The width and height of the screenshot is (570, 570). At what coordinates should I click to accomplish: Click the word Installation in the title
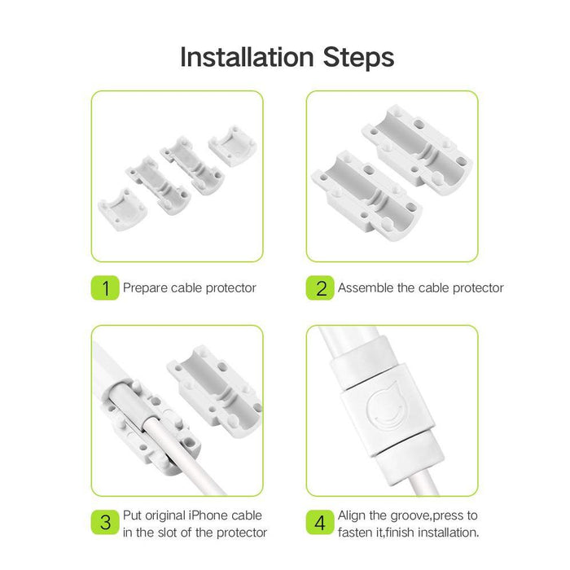pyautogui.click(x=248, y=57)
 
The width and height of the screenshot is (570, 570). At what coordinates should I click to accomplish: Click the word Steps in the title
pyautogui.click(x=358, y=58)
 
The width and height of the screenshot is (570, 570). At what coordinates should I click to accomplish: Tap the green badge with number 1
pyautogui.click(x=105, y=288)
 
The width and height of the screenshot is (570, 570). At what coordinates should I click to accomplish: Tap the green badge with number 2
pyautogui.click(x=320, y=288)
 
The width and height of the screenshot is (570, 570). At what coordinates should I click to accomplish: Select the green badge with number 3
pyautogui.click(x=105, y=522)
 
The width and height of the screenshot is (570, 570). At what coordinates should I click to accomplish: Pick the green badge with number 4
pyautogui.click(x=320, y=522)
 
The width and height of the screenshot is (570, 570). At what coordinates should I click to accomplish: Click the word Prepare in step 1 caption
pyautogui.click(x=145, y=288)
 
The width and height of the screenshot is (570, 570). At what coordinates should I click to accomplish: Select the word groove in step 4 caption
pyautogui.click(x=408, y=516)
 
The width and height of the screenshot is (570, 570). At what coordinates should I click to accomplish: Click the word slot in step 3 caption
pyautogui.click(x=169, y=533)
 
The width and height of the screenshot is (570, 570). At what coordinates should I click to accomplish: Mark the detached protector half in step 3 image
pyautogui.click(x=215, y=390)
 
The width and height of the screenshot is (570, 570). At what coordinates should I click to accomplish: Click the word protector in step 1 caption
pyautogui.click(x=230, y=288)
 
